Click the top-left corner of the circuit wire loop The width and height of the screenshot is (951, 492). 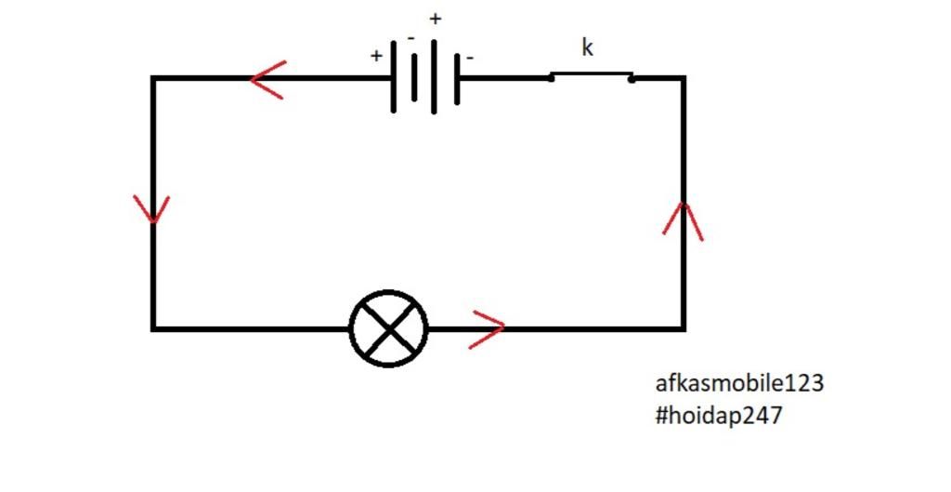point(153,78)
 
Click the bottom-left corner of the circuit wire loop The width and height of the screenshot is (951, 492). point(153,328)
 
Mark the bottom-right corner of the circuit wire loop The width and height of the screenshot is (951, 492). point(684,328)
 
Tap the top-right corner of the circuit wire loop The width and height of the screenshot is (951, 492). point(684,78)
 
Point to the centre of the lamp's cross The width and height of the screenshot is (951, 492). point(389,328)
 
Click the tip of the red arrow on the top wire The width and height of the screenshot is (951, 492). point(251,79)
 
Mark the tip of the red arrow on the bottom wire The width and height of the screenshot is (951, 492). point(503,327)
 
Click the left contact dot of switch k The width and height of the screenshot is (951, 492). point(552,78)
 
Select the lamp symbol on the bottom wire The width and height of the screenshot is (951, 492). point(389,328)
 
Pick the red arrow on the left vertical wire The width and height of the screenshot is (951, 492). point(151,209)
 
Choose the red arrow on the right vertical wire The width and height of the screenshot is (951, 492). point(683,221)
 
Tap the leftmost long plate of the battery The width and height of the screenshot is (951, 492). point(394,76)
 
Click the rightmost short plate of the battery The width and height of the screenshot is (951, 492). point(457,79)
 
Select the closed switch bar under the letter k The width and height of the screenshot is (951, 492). point(592,74)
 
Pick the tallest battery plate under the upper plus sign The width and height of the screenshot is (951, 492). point(434,76)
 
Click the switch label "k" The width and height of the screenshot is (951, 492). point(587,47)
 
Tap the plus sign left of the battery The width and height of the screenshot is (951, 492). point(377,56)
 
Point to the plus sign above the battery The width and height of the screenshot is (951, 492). point(435,20)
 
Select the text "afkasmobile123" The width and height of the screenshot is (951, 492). point(739,383)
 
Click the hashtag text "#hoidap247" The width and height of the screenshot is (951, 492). point(719,416)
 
